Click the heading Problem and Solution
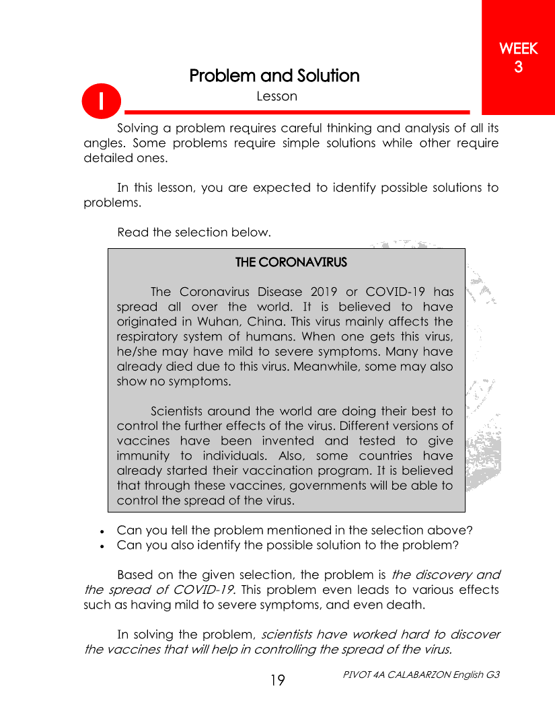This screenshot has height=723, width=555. [x=274, y=75]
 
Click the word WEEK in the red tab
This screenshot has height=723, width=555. [x=518, y=49]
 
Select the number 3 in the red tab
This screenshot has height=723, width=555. [x=518, y=67]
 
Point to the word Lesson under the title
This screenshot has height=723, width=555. [x=276, y=96]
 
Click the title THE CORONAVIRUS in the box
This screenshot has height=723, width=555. [x=291, y=262]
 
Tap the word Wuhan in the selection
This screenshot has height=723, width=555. [x=209, y=321]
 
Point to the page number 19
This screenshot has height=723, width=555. [x=277, y=681]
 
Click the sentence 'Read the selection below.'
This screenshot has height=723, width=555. [x=194, y=233]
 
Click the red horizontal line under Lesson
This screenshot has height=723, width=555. [x=297, y=112]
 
